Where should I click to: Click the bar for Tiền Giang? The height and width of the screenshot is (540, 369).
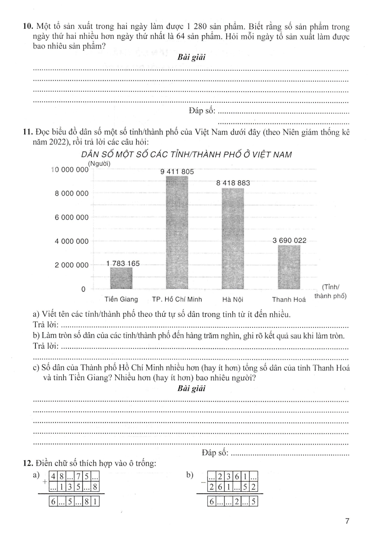pyautogui.click(x=121, y=278)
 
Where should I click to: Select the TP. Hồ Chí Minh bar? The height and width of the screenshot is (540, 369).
pyautogui.click(x=177, y=233)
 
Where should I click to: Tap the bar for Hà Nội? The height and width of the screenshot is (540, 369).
pyautogui.click(x=233, y=238)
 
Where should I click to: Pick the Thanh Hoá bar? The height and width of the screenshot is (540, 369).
pyautogui.click(x=289, y=267)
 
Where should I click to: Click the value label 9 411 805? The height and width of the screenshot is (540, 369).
pyautogui.click(x=177, y=172)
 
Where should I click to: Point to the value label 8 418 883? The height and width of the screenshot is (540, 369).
pyautogui.click(x=233, y=183)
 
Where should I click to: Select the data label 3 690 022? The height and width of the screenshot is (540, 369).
pyautogui.click(x=290, y=240)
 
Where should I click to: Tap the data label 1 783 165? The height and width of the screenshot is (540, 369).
pyautogui.click(x=123, y=263)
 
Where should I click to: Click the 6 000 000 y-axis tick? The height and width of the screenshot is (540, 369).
pyautogui.click(x=72, y=217)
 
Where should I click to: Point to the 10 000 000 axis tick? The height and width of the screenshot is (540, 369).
pyautogui.click(x=70, y=170)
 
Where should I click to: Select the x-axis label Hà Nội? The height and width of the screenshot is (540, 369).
pyautogui.click(x=233, y=300)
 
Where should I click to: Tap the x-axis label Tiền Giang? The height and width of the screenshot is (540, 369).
pyautogui.click(x=121, y=300)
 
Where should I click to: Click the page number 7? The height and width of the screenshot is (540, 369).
pyautogui.click(x=347, y=521)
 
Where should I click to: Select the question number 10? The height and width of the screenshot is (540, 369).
pyautogui.click(x=28, y=27)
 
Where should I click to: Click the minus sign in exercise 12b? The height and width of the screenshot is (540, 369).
pyautogui.click(x=203, y=481)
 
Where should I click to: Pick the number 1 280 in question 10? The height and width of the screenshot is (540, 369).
pyautogui.click(x=199, y=27)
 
